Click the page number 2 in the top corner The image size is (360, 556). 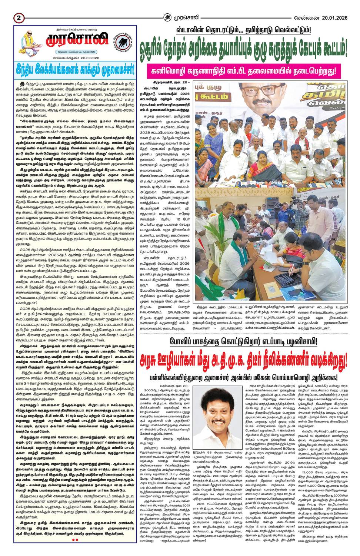(19, 17)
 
